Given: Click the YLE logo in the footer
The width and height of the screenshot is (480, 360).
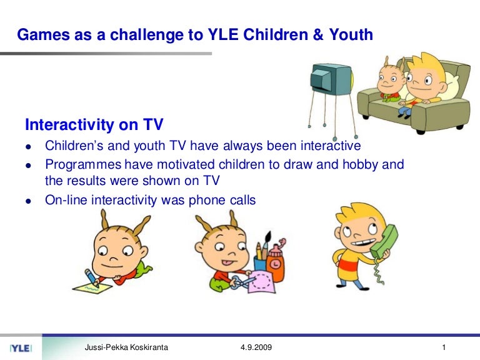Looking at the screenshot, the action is coord(21,348).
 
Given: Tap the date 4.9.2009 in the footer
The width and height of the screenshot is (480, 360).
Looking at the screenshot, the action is coord(256,347).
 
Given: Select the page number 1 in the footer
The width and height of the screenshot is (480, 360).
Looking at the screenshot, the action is coord(444,347).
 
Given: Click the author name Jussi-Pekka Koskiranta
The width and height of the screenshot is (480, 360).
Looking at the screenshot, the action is coord(126,347).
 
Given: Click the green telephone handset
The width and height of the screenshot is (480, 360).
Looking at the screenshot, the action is coord(384,242).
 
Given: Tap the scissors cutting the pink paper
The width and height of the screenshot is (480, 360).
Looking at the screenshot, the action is coord(242,282).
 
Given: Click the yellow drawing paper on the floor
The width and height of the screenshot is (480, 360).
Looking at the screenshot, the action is coord(92,288).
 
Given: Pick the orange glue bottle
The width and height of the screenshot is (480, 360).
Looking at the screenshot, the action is coord(276,262).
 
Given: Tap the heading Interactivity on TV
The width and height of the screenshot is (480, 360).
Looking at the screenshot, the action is coord(94,124).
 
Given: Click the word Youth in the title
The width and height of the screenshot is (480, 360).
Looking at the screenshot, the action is coord(351,34).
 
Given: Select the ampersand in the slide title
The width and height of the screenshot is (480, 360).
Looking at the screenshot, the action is coord(318,34).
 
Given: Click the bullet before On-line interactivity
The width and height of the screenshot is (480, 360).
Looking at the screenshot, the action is coord(29,201).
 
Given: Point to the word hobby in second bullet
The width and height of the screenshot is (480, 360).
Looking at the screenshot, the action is coord(360,165).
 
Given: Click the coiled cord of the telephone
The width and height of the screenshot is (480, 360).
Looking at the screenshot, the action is coord(379,271).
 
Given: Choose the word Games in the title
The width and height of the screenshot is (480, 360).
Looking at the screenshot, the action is coord(44,34).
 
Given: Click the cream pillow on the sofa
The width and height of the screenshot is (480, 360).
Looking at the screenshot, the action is coord(451,86).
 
